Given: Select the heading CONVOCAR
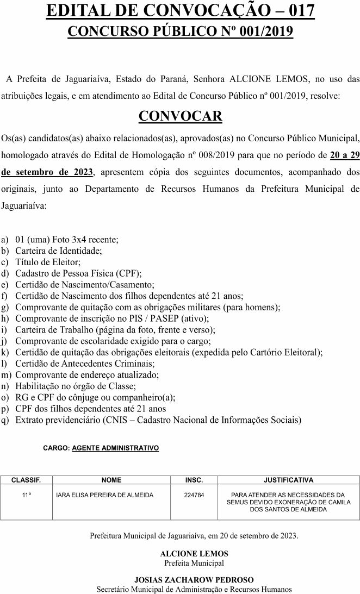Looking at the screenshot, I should (180, 116).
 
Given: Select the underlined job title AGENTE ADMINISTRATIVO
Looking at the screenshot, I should (115, 448).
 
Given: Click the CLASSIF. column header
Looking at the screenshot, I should (26, 480).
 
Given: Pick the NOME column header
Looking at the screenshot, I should (111, 480).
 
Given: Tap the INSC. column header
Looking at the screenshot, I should (194, 480).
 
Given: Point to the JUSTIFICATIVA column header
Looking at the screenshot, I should (288, 480).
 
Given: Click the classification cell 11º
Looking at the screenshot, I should (26, 495).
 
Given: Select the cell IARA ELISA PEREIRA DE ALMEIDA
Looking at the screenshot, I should (105, 495).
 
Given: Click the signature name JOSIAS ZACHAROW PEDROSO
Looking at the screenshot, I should (194, 580).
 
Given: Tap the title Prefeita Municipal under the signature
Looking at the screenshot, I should (194, 563).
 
